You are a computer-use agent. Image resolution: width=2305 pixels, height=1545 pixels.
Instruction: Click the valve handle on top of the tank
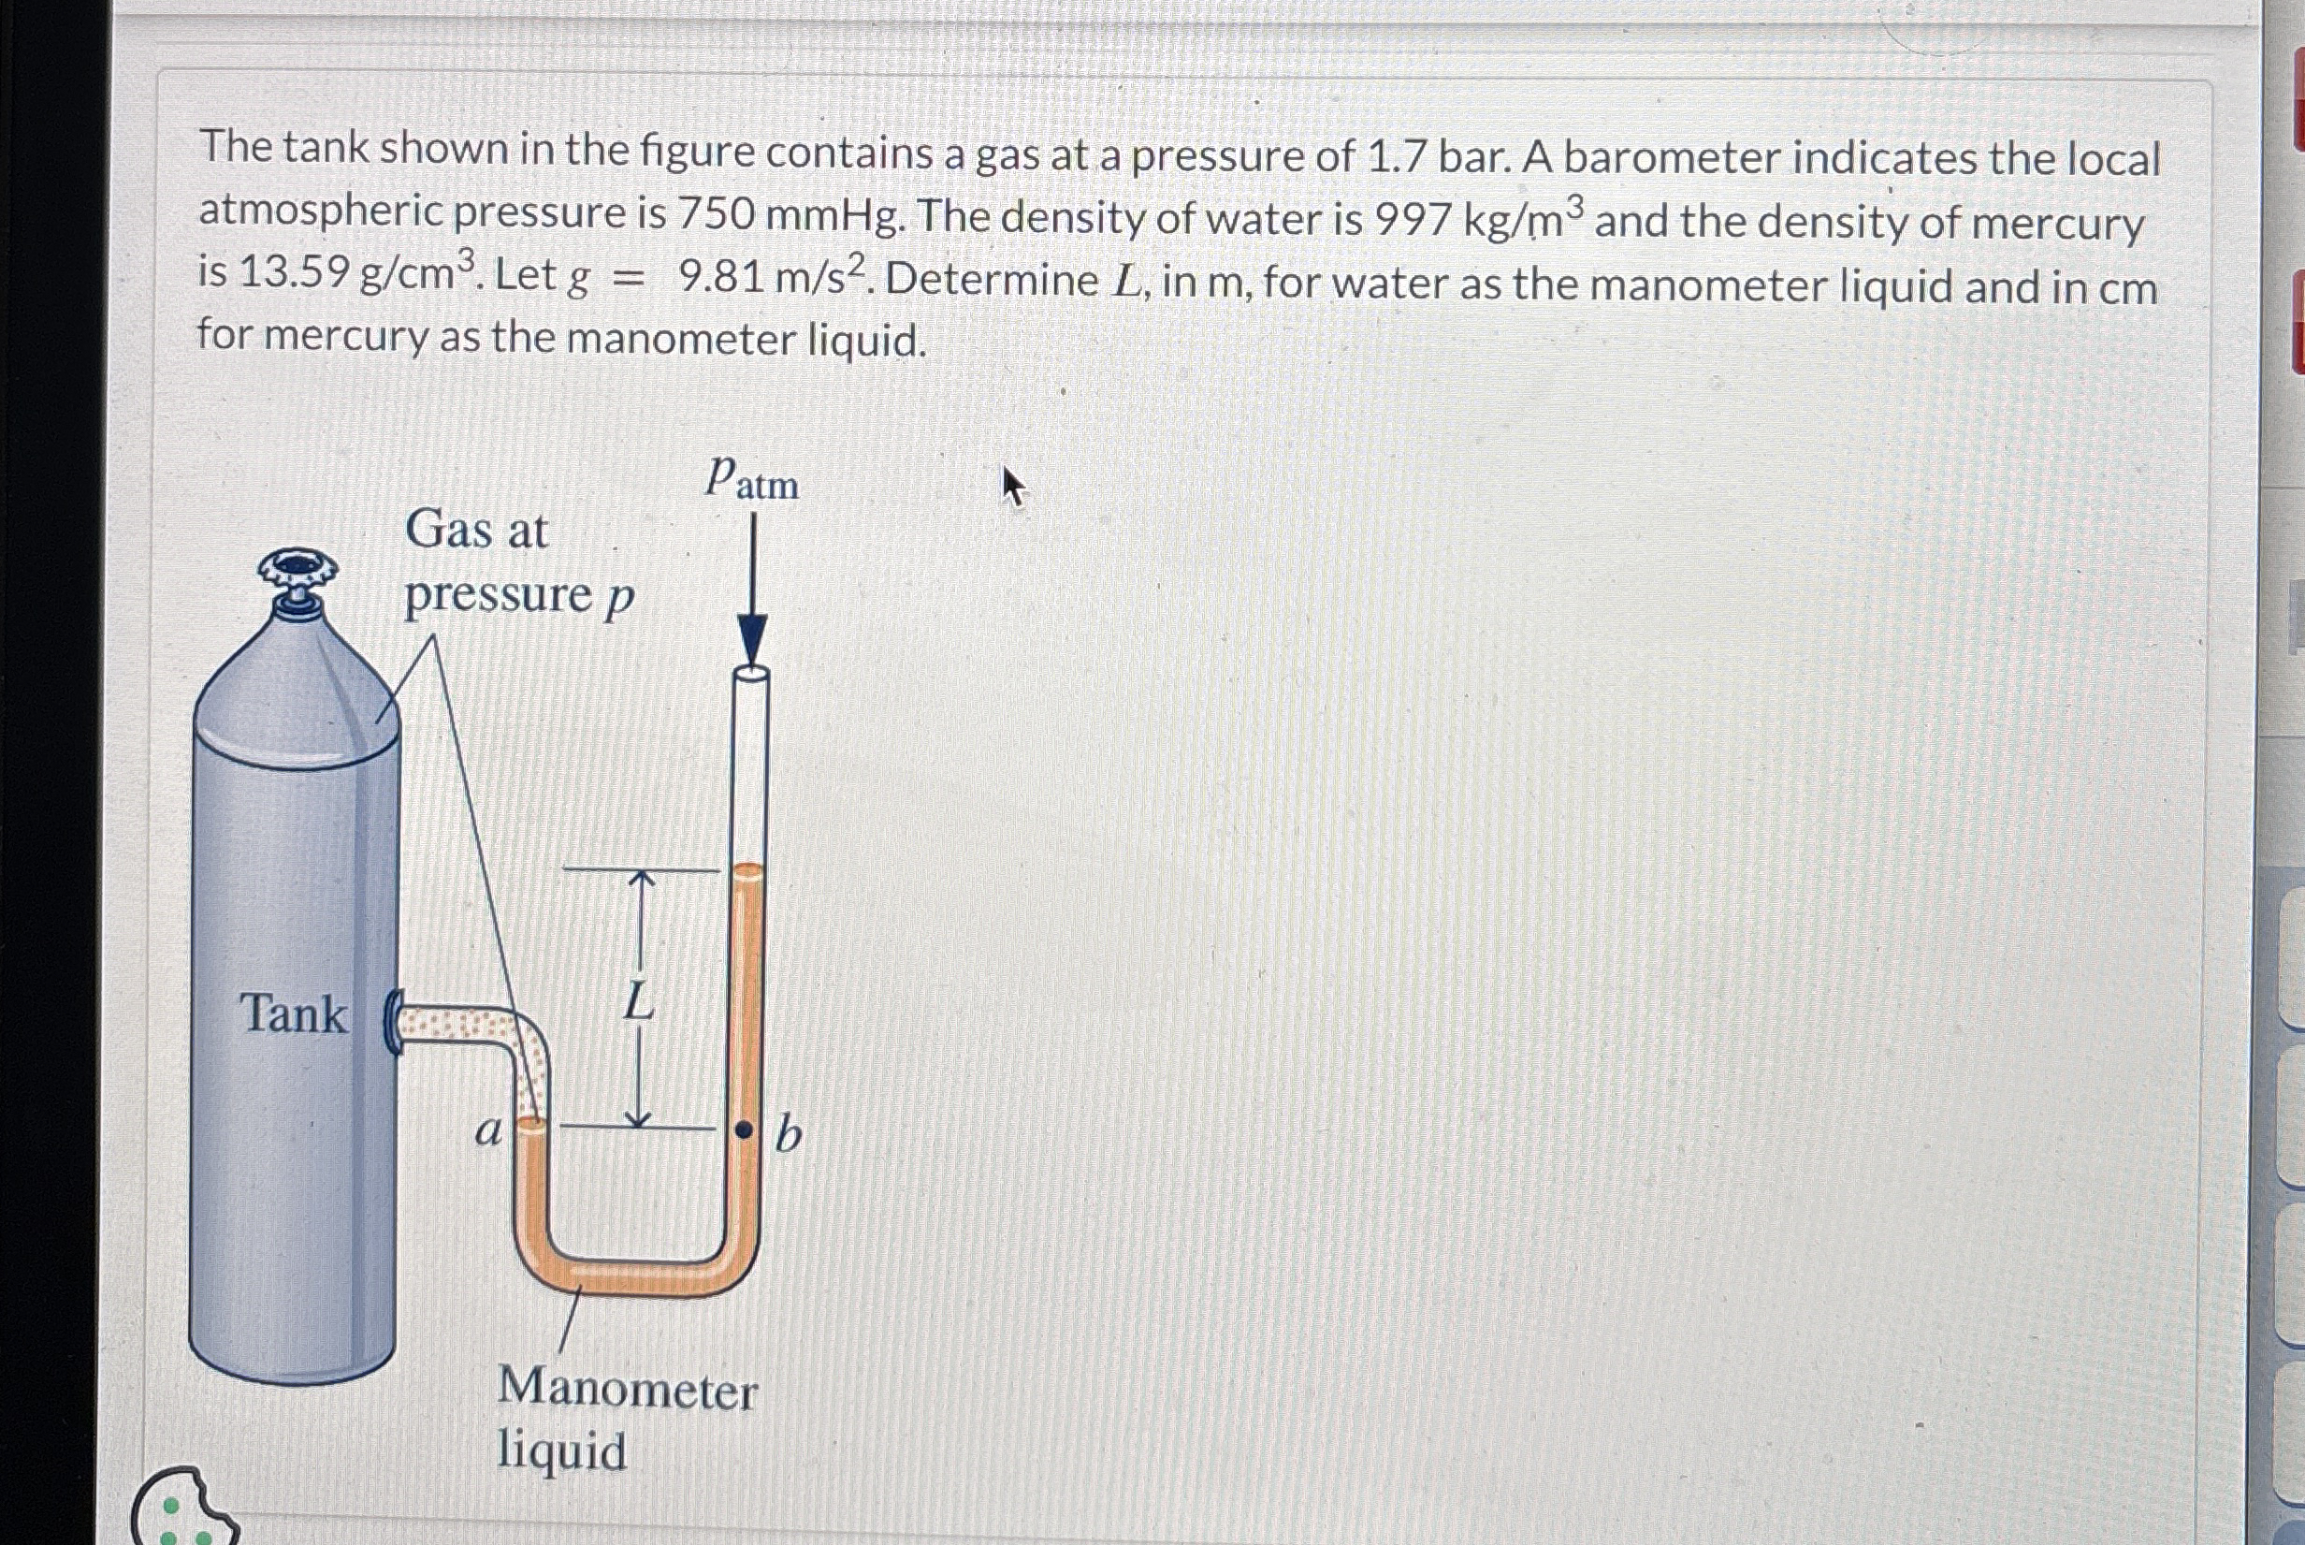(x=297, y=572)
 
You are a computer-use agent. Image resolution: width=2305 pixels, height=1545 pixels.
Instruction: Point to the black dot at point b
(x=746, y=1130)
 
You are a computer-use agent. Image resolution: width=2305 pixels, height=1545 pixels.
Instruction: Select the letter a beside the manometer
(x=487, y=1132)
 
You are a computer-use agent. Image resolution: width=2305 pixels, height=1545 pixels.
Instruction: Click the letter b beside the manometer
(x=788, y=1135)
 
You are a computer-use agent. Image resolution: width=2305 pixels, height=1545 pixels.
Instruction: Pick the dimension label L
(x=639, y=1003)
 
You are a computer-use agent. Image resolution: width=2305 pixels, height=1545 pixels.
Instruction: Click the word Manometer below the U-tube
(x=627, y=1390)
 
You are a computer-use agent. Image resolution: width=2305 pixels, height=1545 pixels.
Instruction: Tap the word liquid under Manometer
(x=560, y=1450)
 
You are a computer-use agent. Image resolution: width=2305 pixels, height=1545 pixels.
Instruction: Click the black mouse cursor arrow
(x=1012, y=486)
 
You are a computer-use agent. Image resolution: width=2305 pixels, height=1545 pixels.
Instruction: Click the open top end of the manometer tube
(x=751, y=674)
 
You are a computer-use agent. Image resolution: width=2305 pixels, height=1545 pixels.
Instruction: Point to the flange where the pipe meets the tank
(x=392, y=1023)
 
